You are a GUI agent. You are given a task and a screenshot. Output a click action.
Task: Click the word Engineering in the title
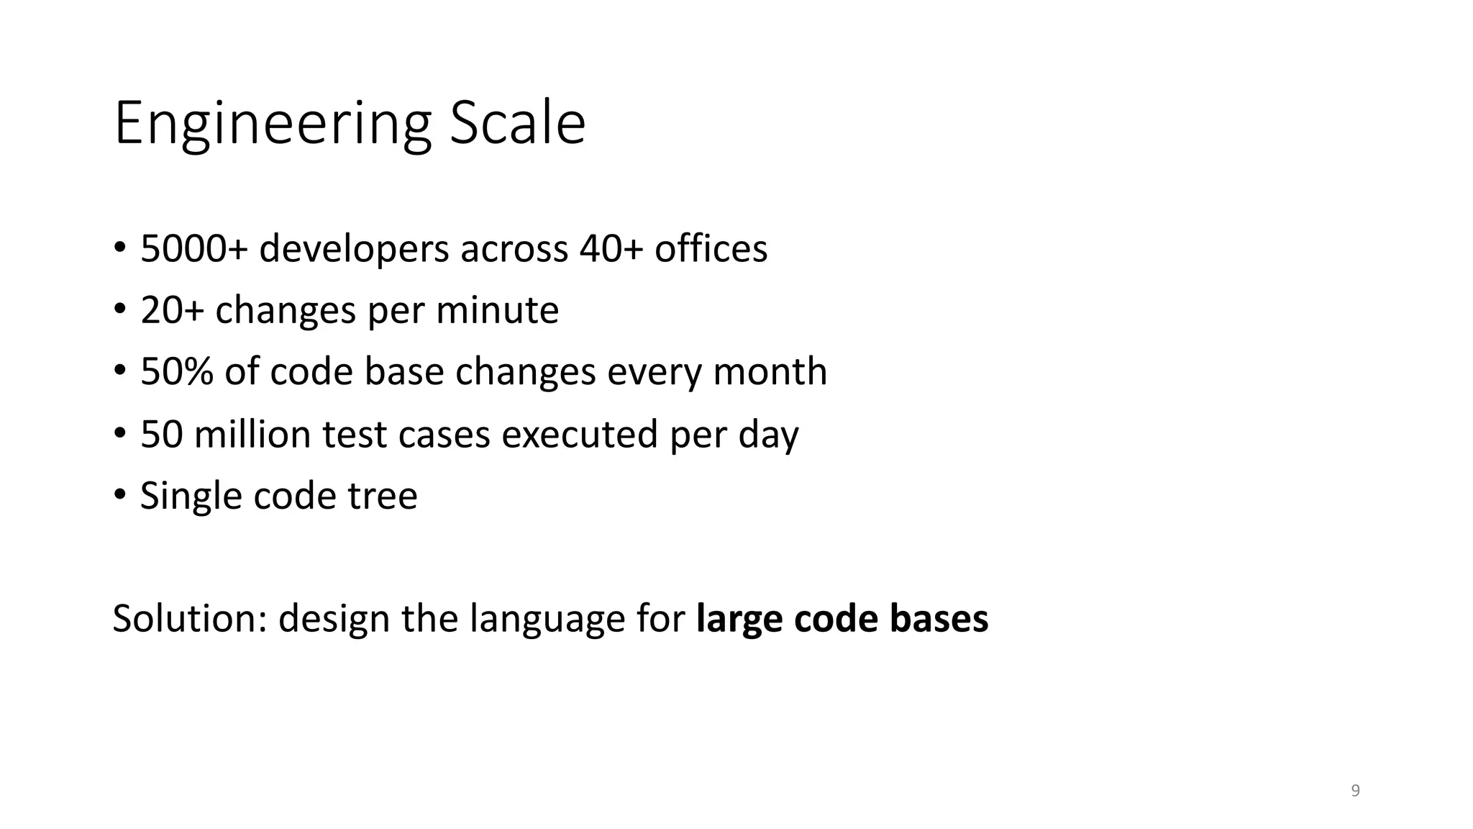(272, 124)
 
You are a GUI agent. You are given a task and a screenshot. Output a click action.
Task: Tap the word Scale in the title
(517, 124)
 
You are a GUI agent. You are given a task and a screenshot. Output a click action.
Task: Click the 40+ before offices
(611, 249)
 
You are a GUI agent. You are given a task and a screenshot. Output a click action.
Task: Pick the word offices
(711, 249)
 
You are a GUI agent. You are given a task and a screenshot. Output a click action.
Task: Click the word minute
(497, 311)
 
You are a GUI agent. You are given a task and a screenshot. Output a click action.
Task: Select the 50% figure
(176, 372)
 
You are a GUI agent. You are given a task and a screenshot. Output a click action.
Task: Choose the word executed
(580, 434)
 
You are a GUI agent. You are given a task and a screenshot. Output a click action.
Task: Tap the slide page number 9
(1355, 791)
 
